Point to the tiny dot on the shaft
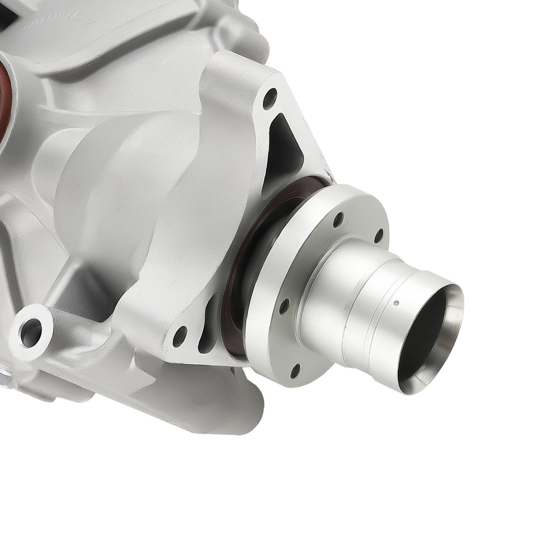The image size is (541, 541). click(x=396, y=303)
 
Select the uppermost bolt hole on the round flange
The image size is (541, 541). click(x=338, y=220)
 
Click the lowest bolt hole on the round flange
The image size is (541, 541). click(x=295, y=371)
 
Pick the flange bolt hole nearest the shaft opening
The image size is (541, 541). click(x=379, y=235)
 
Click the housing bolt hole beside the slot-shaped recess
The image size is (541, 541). click(x=180, y=336)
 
